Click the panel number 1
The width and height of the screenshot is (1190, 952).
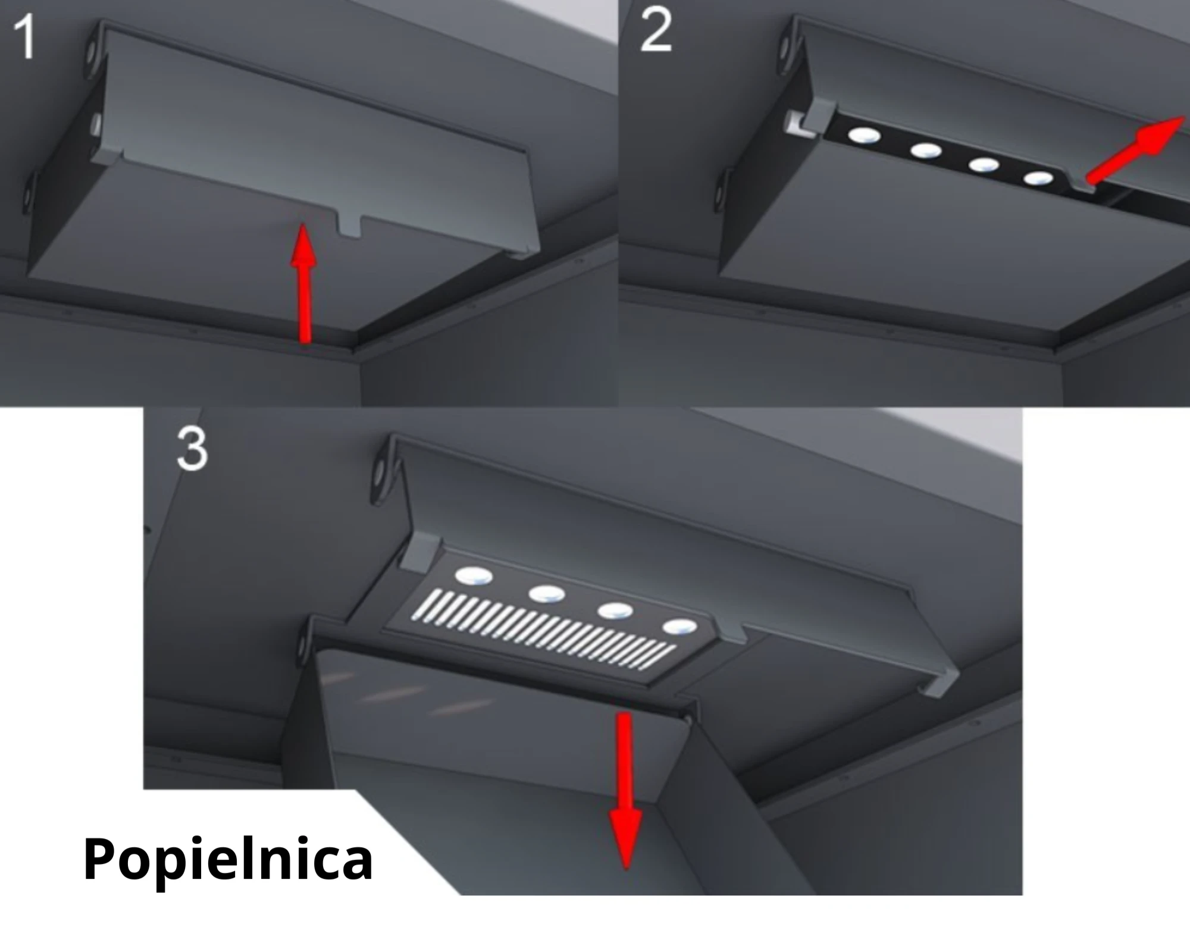point(24,38)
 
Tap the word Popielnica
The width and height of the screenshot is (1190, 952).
point(228,860)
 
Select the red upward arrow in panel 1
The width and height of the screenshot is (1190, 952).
point(304,283)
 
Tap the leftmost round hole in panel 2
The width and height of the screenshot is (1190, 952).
point(865,136)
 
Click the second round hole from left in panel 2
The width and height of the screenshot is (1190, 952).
point(925,151)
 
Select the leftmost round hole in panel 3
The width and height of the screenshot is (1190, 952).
point(474,575)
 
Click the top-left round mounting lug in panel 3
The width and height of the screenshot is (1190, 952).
point(380,475)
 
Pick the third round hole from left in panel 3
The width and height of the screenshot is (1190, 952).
point(615,610)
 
